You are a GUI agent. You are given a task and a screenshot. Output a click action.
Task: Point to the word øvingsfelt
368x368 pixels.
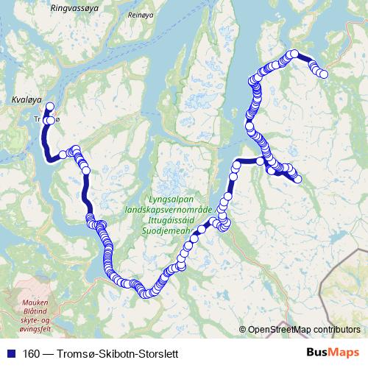35,329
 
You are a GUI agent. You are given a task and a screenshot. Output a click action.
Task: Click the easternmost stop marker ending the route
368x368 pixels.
323,73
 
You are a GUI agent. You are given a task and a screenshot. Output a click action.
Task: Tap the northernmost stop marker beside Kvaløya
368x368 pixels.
50,107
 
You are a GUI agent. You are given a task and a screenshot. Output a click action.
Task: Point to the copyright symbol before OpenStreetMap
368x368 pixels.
243,330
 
